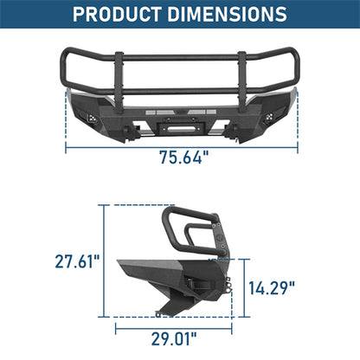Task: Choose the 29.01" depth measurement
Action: click(171, 337)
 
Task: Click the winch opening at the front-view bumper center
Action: click(180, 111)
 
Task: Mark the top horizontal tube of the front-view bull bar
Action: click(180, 54)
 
